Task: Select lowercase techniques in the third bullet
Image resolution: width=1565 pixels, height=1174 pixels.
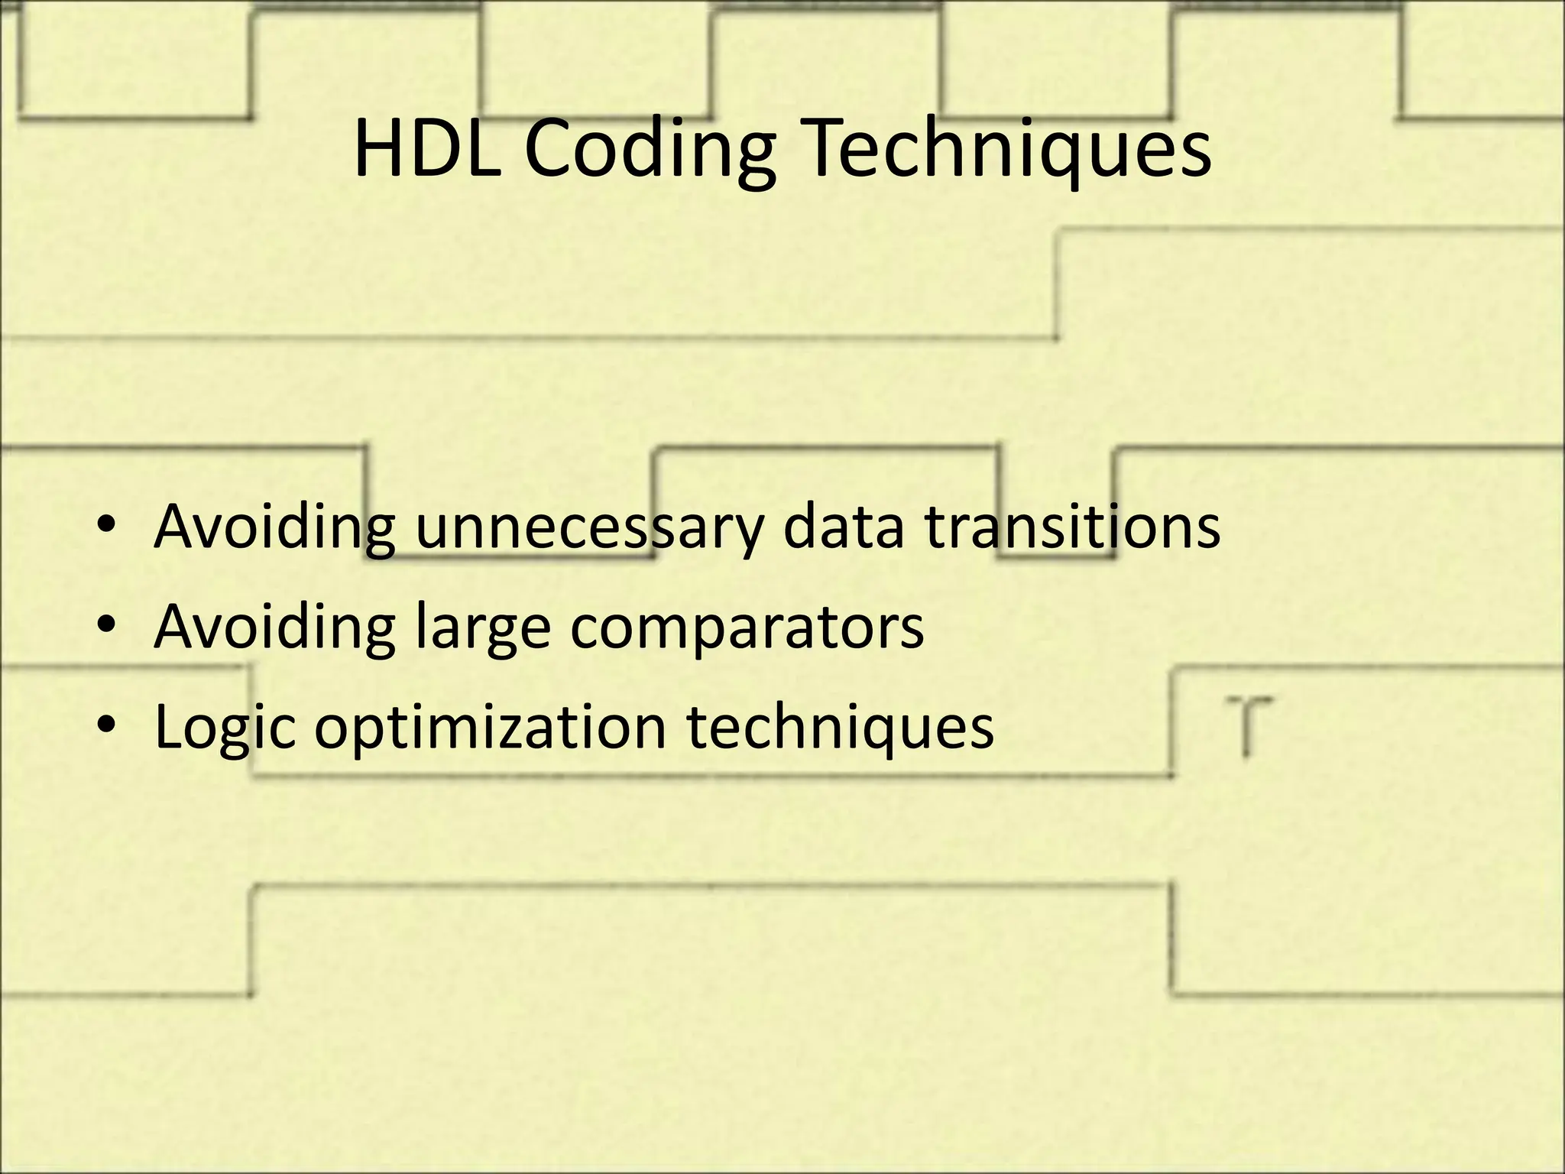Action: pos(841,726)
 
